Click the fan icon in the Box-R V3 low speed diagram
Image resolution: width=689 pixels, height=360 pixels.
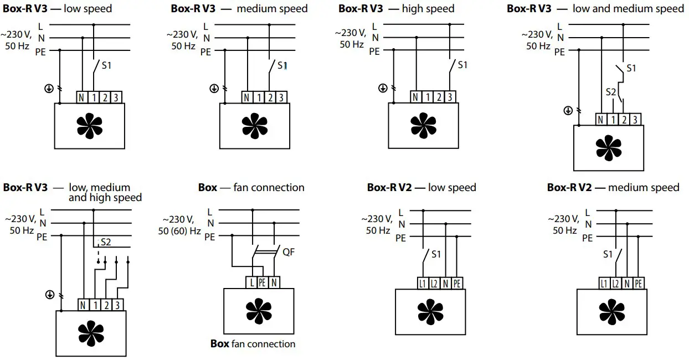89,126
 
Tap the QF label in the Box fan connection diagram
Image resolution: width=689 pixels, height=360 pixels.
289,252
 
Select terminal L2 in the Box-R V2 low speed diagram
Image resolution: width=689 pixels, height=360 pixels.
434,284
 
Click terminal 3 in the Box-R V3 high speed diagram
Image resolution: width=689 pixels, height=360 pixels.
449,97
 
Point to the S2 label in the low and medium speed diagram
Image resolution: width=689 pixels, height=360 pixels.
610,92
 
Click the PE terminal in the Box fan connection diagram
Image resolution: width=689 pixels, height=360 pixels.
263,282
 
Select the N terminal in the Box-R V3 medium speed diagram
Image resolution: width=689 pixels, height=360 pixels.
247,97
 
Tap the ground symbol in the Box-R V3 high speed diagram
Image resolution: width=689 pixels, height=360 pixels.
383,88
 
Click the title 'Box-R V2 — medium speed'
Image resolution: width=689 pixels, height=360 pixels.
613,187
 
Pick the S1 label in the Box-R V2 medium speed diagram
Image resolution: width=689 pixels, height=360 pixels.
608,255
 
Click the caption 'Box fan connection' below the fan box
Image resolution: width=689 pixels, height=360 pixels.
253,344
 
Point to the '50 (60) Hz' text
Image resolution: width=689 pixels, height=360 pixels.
179,230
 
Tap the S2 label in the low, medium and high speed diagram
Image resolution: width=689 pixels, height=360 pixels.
106,242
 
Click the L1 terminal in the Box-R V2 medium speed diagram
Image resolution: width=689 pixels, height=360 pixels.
604,284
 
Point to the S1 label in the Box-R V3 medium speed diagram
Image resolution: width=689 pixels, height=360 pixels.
282,65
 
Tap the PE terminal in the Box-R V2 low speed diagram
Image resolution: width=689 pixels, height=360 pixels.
457,284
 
